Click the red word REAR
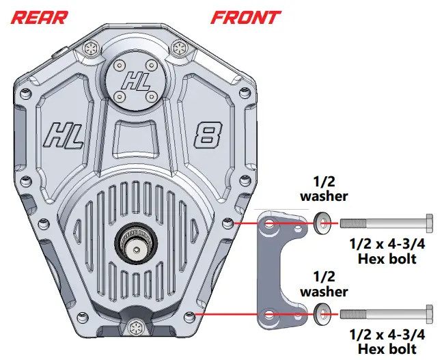click(x=40, y=16)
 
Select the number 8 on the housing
click(x=206, y=135)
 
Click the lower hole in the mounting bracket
click(x=268, y=316)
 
